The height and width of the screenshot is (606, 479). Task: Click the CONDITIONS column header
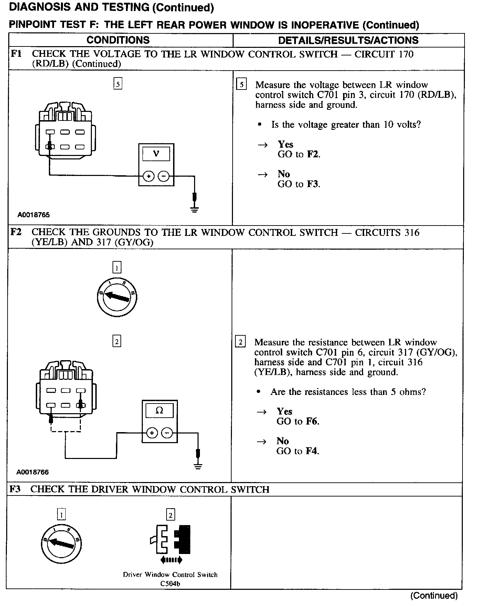118,40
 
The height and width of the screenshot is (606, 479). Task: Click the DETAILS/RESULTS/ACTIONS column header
348,40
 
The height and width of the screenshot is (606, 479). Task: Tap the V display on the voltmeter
156,154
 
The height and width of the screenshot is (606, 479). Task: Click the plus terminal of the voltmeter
149,176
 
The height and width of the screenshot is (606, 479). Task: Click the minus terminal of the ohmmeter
168,433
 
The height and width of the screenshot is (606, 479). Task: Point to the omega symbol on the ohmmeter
159,410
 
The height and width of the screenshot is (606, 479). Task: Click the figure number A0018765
34,215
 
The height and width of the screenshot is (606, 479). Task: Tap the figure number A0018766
33,472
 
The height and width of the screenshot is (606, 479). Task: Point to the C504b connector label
170,584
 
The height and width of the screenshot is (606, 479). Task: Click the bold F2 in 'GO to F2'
313,154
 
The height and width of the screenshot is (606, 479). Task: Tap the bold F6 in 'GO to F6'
312,421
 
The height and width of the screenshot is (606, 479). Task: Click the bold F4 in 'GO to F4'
312,451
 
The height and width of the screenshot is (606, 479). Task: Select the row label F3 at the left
15,489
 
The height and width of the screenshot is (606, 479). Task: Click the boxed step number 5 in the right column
242,85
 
